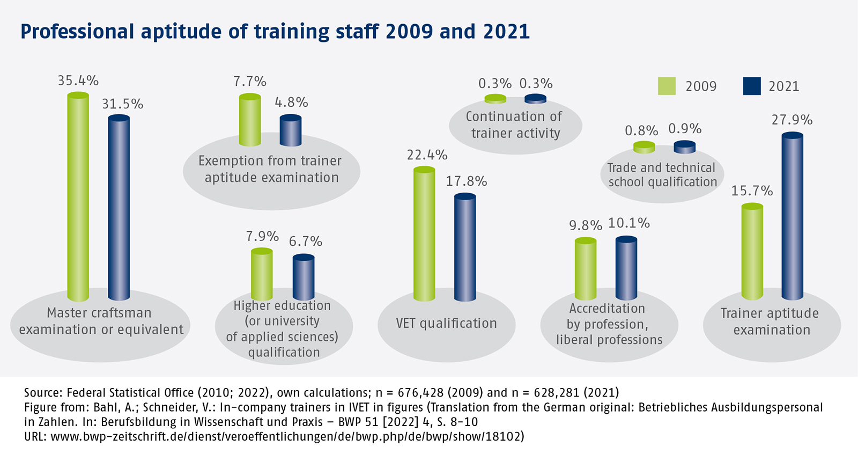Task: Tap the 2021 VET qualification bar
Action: coord(465,247)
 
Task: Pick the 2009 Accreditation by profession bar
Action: coord(585,269)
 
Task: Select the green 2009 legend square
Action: coord(667,86)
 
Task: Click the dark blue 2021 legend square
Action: coord(752,86)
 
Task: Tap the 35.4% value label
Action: coord(78,81)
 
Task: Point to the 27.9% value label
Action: coord(792,120)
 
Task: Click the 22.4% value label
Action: coord(427,155)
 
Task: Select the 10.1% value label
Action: coord(629,223)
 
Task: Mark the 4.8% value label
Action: coord(291,102)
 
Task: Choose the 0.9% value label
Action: coord(685,129)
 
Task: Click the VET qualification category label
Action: coord(446,323)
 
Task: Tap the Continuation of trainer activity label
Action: coord(515,125)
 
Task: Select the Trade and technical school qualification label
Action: coord(662,175)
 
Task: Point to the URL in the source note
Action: coord(287,436)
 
